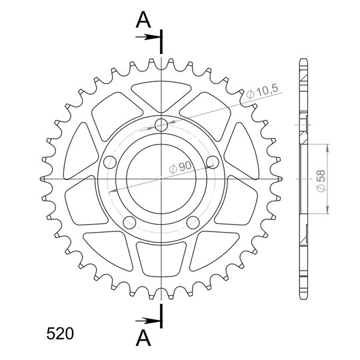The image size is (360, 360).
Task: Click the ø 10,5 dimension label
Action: pos(263,92)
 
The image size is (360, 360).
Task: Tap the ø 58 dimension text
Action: pos(321,181)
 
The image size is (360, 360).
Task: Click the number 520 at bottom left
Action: pos(60,333)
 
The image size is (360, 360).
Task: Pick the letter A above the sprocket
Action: pos(143,20)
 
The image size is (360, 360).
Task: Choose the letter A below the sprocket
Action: pos(143,338)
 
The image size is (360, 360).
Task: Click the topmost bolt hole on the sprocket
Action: pos(161,125)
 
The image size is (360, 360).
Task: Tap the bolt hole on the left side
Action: pos(110,162)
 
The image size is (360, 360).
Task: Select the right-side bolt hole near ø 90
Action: pos(213,162)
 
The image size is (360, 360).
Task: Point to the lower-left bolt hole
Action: pos(129,222)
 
